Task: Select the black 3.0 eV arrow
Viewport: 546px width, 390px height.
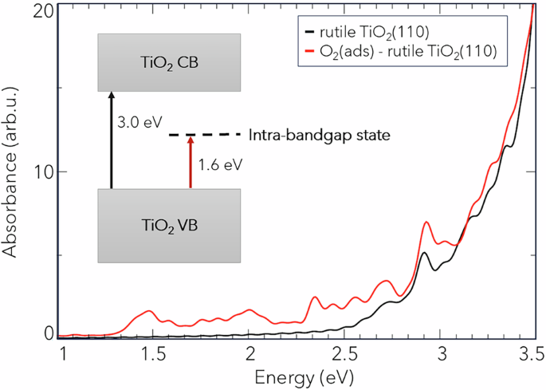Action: pyautogui.click(x=112, y=140)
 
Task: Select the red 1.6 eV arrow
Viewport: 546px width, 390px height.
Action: pyautogui.click(x=190, y=163)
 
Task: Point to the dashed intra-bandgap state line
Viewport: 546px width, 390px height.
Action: pyautogui.click(x=205, y=135)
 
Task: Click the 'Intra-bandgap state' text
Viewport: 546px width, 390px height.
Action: pyautogui.click(x=319, y=135)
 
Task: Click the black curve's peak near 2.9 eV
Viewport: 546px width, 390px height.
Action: pyautogui.click(x=426, y=253)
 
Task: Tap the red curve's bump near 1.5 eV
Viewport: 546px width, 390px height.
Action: pyautogui.click(x=148, y=311)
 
